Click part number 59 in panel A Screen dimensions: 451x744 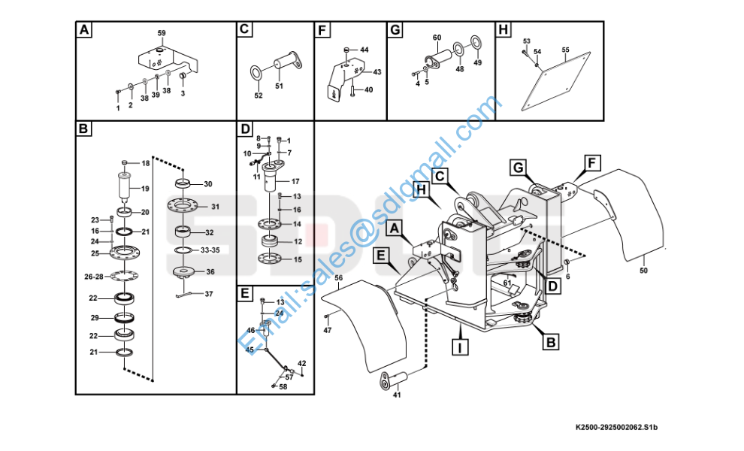coord(161,33)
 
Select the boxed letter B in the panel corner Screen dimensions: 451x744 coord(84,129)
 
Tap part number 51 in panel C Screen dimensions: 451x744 coord(279,86)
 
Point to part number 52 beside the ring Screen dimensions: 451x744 coord(259,95)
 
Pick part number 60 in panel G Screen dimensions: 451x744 coord(437,38)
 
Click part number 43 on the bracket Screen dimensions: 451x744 coord(377,72)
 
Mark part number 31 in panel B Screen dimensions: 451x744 coord(215,207)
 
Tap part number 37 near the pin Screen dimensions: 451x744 coord(209,294)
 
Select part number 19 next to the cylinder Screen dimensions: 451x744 coord(145,189)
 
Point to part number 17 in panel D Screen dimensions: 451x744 coord(295,181)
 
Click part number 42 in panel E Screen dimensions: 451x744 coord(302,363)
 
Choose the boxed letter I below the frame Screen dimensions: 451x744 coord(459,347)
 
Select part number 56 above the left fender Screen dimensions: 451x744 coord(338,277)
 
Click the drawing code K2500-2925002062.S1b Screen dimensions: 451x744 coord(621,428)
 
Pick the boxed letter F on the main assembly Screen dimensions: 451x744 coord(591,162)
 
